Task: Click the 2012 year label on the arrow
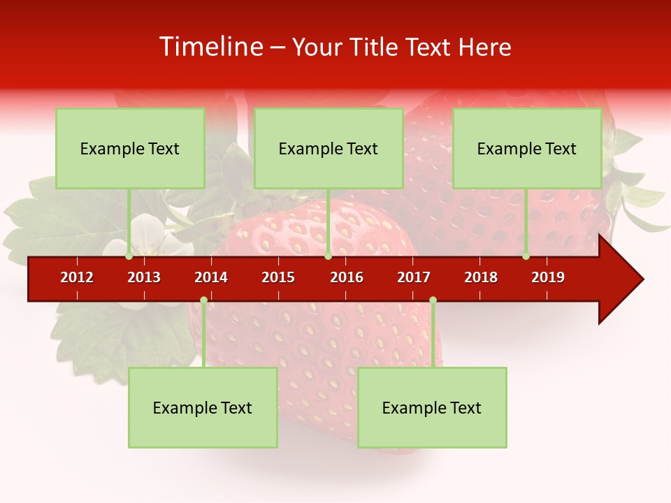coord(77,277)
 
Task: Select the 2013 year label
coord(144,277)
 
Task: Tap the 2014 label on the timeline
coord(211,277)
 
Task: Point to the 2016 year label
coord(347,277)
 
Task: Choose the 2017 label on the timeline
coord(414,277)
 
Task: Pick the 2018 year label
coord(481,277)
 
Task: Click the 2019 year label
coord(548,277)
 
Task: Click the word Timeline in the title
coord(210,47)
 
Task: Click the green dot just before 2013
coord(129,256)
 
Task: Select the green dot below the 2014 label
coord(203,300)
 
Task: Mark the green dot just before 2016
coord(328,256)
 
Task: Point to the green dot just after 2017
coord(433,300)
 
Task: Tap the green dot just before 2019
coord(526,256)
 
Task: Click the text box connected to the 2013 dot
coord(130,148)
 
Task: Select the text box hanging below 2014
coord(203,407)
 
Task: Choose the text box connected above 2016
coord(329,148)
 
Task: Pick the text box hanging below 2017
coord(432,407)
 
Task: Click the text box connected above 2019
coord(527,148)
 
